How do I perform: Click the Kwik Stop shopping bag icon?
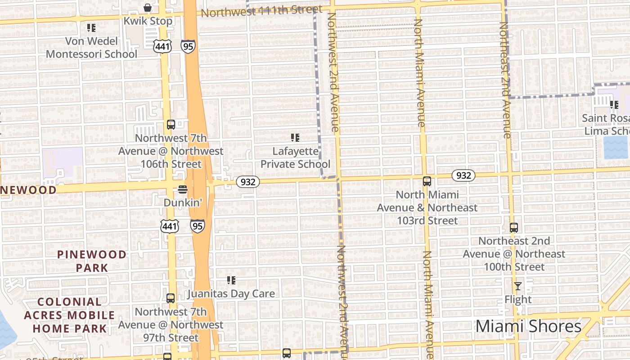click(x=147, y=8)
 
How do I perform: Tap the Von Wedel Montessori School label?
click(x=91, y=48)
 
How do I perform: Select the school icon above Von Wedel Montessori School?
click(x=91, y=28)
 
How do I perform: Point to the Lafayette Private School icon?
click(x=295, y=137)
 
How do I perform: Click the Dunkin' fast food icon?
click(x=182, y=189)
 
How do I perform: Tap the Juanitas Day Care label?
click(x=231, y=294)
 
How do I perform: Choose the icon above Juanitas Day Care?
click(x=231, y=281)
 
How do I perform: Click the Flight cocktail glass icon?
click(x=518, y=286)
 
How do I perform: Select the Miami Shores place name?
click(x=528, y=326)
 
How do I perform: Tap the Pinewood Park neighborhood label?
click(x=92, y=261)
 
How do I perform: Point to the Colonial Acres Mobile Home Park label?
click(x=69, y=315)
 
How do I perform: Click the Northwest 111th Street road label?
click(x=261, y=11)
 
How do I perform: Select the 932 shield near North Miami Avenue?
click(x=463, y=175)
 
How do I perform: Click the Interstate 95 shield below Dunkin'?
click(x=197, y=226)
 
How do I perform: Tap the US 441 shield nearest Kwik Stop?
click(x=162, y=46)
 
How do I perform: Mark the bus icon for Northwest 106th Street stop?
click(x=171, y=125)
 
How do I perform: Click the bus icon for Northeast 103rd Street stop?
click(x=427, y=181)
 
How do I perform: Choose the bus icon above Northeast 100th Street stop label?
click(x=514, y=228)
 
